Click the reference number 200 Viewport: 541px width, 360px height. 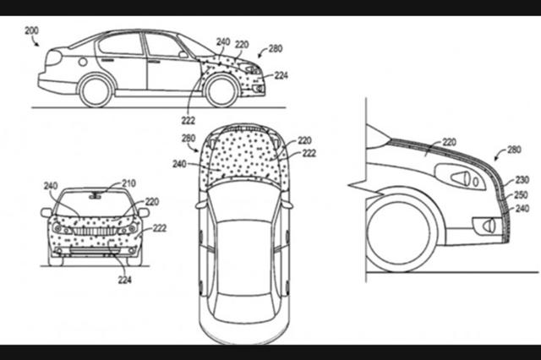click(31, 30)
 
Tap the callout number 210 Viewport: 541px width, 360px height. click(128, 183)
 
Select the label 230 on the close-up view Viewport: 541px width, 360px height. click(522, 180)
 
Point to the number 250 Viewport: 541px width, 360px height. click(521, 194)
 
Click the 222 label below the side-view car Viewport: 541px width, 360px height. click(188, 120)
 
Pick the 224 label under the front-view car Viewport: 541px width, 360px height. click(124, 280)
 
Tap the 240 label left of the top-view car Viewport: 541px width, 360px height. click(179, 164)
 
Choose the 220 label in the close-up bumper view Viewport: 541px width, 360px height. click(449, 142)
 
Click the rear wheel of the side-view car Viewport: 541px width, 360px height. click(96, 91)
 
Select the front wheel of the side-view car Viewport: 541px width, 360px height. click(221, 91)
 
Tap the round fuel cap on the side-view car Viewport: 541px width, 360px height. click(83, 62)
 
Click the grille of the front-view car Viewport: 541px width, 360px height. click(94, 232)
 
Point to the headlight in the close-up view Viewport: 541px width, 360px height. click(461, 177)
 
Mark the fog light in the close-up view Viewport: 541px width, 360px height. click(487, 226)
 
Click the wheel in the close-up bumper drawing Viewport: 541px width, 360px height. click(400, 232)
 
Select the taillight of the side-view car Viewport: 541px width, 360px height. click(53, 57)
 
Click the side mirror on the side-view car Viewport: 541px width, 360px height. click(183, 54)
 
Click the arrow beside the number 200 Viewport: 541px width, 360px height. click(36, 41)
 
